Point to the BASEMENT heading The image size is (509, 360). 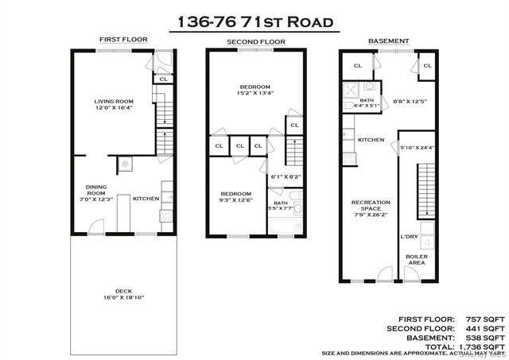coord(388,41)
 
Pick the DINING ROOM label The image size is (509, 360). coord(95,191)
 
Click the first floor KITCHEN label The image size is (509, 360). coord(146,199)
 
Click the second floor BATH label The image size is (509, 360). coord(281,203)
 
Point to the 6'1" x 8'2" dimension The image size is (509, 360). coord(286,176)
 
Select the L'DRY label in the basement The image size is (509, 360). coord(409,236)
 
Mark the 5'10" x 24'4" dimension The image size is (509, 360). coord(418,147)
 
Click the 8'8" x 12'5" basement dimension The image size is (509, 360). coord(410,101)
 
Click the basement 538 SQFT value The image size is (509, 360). coord(484,337)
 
